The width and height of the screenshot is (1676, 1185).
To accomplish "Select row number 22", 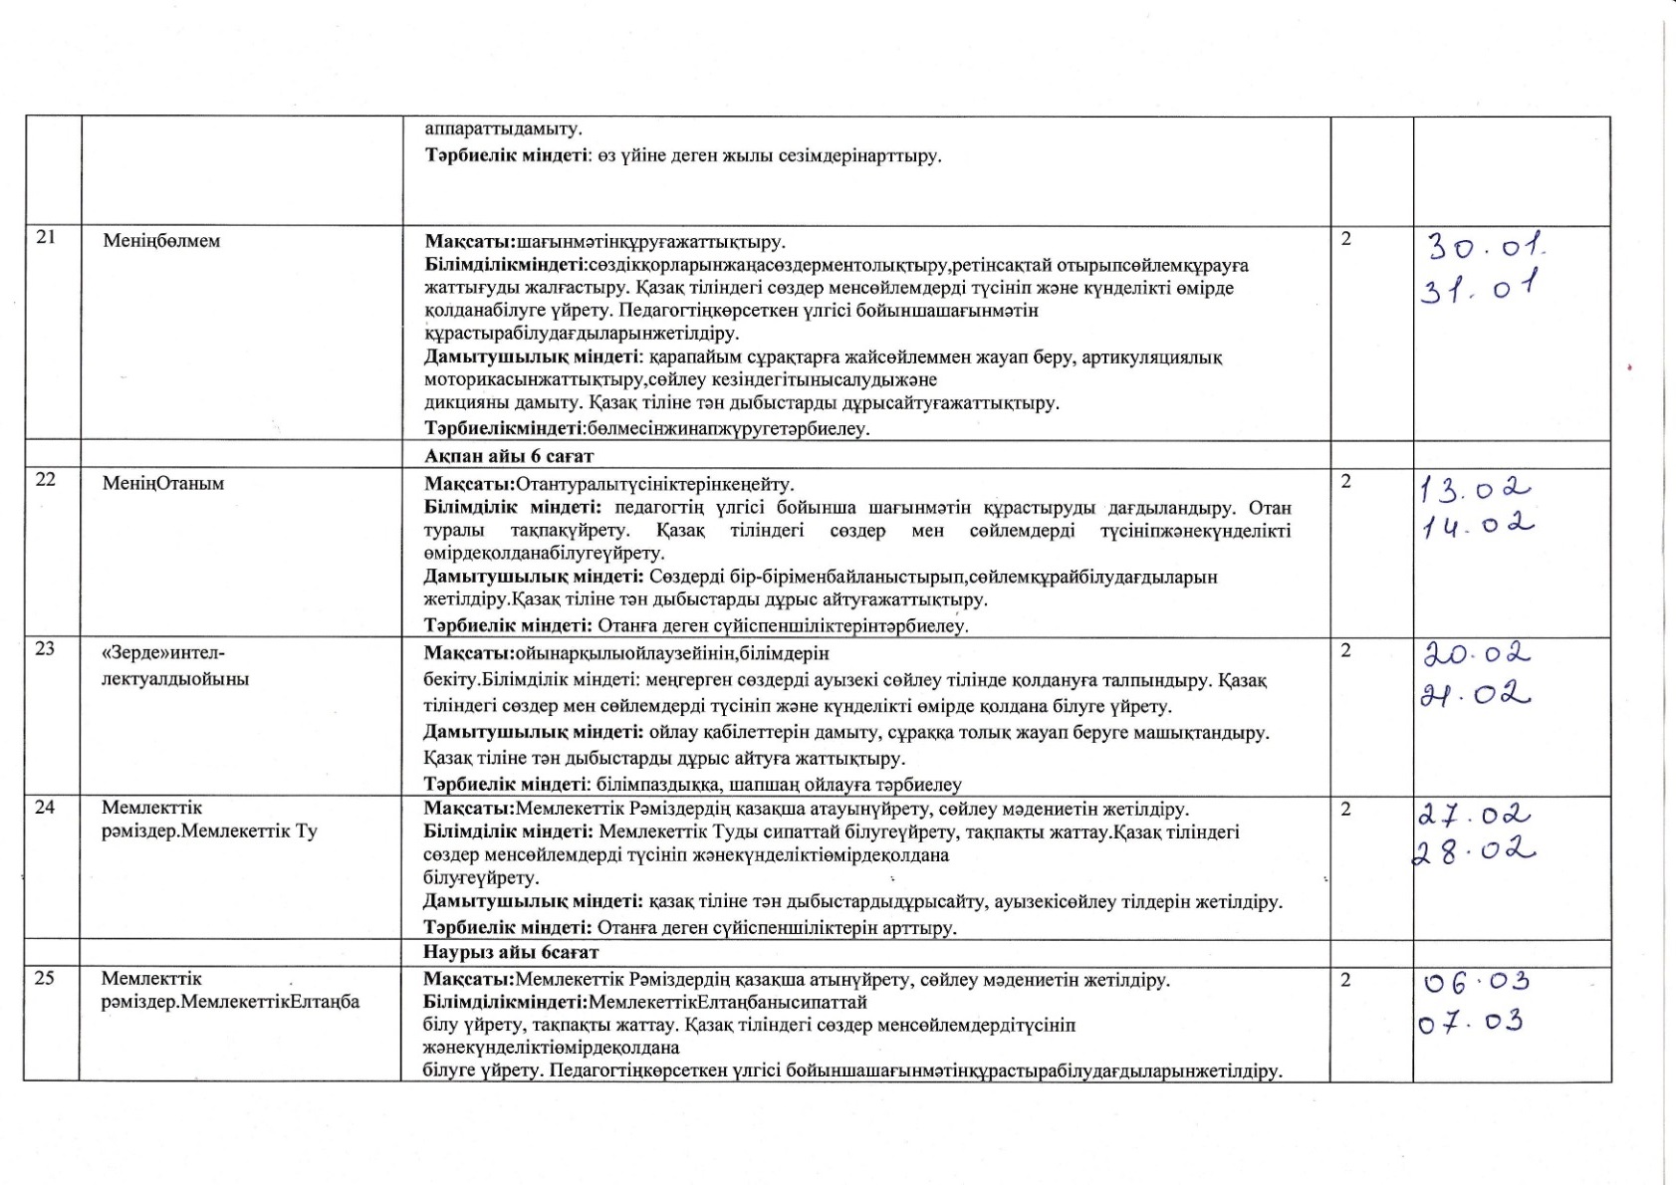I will pyautogui.click(x=45, y=479).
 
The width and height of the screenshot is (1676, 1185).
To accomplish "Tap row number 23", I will pyautogui.click(x=45, y=648).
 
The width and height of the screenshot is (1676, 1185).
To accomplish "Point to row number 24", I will pyautogui.click(x=45, y=808).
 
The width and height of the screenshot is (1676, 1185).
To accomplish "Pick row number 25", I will pyautogui.click(x=45, y=978).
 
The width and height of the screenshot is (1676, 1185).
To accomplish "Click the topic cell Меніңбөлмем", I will pyautogui.click(x=161, y=241).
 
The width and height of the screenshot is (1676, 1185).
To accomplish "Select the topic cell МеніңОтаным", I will pyautogui.click(x=163, y=484).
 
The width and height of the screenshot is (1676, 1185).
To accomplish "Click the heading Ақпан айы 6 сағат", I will pyautogui.click(x=509, y=456).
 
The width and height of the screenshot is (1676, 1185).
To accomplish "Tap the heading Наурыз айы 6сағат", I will pyautogui.click(x=512, y=953).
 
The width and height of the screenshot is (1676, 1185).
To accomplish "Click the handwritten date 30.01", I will pyautogui.click(x=1485, y=245).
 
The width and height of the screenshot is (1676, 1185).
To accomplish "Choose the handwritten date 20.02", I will pyautogui.click(x=1476, y=654).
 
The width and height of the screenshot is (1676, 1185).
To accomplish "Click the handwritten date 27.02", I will pyautogui.click(x=1474, y=816).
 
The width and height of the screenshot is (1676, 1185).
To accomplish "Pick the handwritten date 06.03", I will pyautogui.click(x=1476, y=983).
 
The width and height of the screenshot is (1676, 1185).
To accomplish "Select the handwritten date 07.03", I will pyautogui.click(x=1472, y=1023).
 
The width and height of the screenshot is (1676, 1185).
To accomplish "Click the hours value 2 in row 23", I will pyautogui.click(x=1346, y=650).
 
